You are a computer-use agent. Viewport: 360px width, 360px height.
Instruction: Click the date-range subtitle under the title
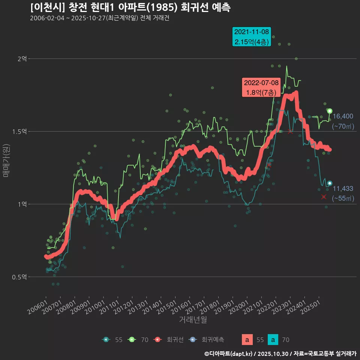tap(99, 18)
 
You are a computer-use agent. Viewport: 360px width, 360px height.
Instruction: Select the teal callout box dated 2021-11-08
tap(251, 37)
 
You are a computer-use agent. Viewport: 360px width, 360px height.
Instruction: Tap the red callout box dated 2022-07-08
tap(261, 87)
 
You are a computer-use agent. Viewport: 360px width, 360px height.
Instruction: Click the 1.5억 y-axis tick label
tap(20, 132)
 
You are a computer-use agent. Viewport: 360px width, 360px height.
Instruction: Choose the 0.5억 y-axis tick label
tap(20, 277)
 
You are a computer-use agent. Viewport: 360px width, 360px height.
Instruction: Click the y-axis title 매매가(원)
tap(6, 161)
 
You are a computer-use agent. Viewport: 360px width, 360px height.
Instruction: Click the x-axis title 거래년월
tap(193, 319)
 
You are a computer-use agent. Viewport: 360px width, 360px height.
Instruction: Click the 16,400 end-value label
tap(343, 117)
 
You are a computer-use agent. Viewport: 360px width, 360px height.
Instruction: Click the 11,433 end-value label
tap(343, 189)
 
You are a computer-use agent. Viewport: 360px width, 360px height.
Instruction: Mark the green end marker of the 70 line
tap(330, 111)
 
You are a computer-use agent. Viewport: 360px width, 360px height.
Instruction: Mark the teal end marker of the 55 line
tap(330, 183)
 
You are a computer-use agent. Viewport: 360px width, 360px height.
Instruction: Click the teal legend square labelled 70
tap(273, 340)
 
